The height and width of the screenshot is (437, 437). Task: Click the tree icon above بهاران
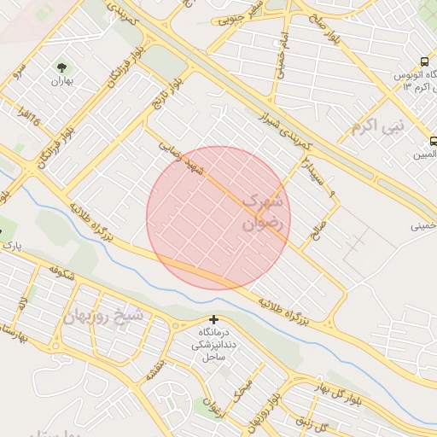62,66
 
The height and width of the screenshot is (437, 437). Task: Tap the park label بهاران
62,82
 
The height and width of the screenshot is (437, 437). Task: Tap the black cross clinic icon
213,319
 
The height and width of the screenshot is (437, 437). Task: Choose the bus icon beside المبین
434,141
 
